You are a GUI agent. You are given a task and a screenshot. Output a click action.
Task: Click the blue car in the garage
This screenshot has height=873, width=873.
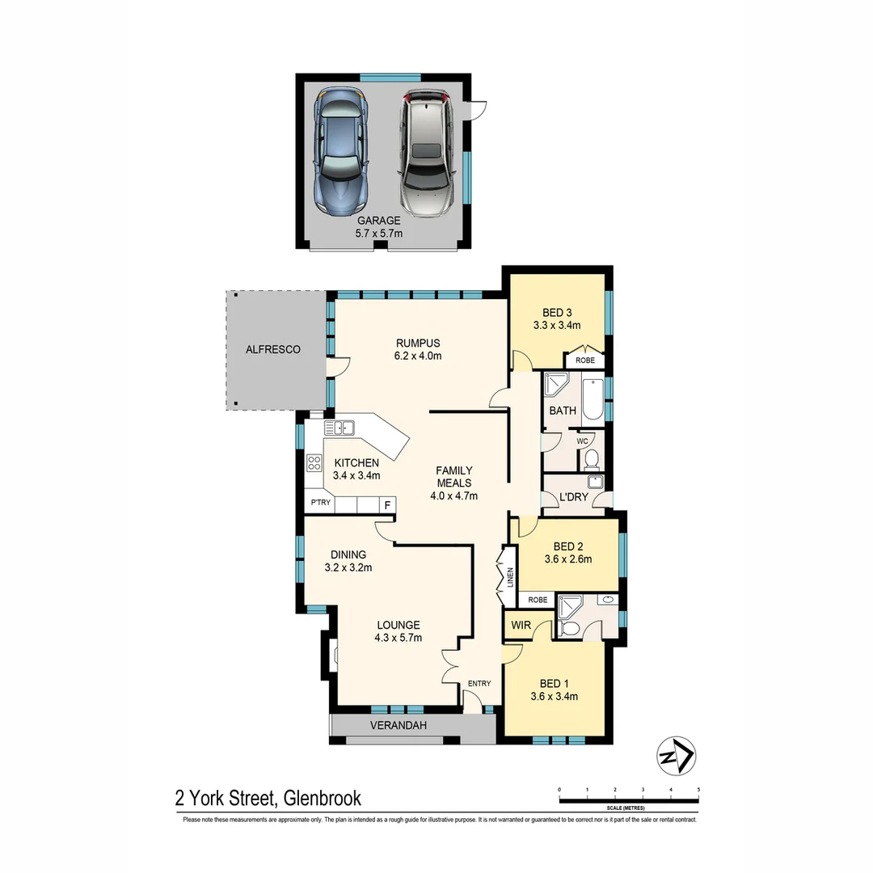342,151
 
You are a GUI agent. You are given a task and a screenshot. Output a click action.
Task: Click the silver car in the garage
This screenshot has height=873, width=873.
426,153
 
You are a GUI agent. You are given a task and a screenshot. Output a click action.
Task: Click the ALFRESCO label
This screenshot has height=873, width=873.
273,350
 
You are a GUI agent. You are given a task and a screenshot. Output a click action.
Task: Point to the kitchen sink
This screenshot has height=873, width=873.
340,428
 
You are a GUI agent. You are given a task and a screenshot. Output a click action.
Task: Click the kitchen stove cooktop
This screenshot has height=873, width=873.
314,464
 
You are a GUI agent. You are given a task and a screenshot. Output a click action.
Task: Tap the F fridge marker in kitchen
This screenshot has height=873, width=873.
388,505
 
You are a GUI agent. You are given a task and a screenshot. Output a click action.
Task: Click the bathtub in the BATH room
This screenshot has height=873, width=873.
593,401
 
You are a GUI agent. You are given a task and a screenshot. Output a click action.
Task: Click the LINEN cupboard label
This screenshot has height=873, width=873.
509,577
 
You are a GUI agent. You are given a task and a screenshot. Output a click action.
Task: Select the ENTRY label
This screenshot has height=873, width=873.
479,684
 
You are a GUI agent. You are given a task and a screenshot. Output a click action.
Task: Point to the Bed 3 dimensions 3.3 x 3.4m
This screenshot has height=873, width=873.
556,326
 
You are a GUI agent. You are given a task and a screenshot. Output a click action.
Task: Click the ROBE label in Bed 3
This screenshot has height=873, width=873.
584,360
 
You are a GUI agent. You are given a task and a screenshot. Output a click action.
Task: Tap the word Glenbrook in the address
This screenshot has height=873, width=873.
322,799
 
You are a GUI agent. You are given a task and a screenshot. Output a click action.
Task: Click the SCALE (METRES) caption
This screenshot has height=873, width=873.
629,808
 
